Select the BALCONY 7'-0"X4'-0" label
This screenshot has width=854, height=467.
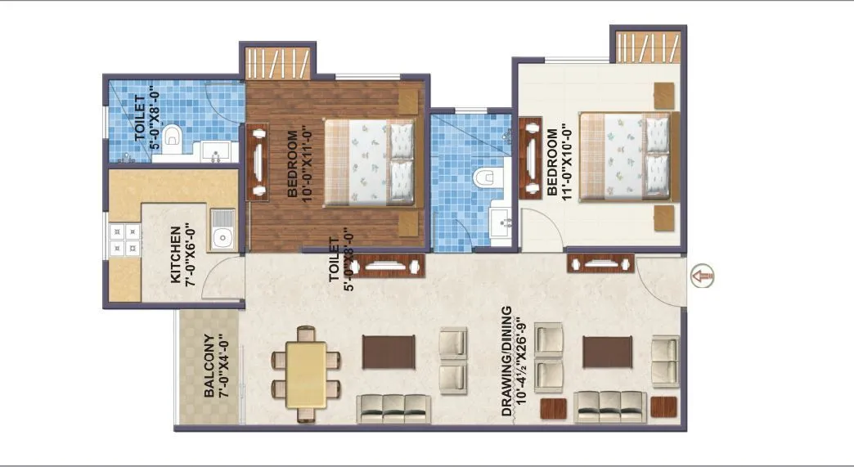[x=215, y=365]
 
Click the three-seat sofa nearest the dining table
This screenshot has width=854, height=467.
[x=394, y=406]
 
